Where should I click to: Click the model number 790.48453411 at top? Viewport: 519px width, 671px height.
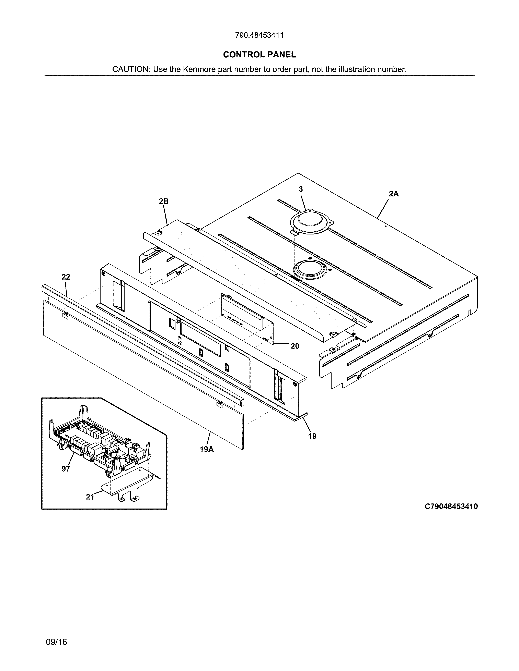tap(259, 35)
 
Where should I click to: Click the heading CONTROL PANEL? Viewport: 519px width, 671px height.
tap(259, 55)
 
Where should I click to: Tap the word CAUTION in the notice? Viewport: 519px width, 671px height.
tap(130, 69)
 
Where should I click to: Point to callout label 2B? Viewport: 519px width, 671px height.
tap(164, 201)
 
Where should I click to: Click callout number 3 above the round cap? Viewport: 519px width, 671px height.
tap(301, 190)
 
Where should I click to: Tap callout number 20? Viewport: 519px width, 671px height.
tap(295, 346)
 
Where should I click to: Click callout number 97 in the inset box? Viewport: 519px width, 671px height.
tap(66, 469)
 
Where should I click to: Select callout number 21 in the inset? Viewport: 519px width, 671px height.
tap(90, 497)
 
